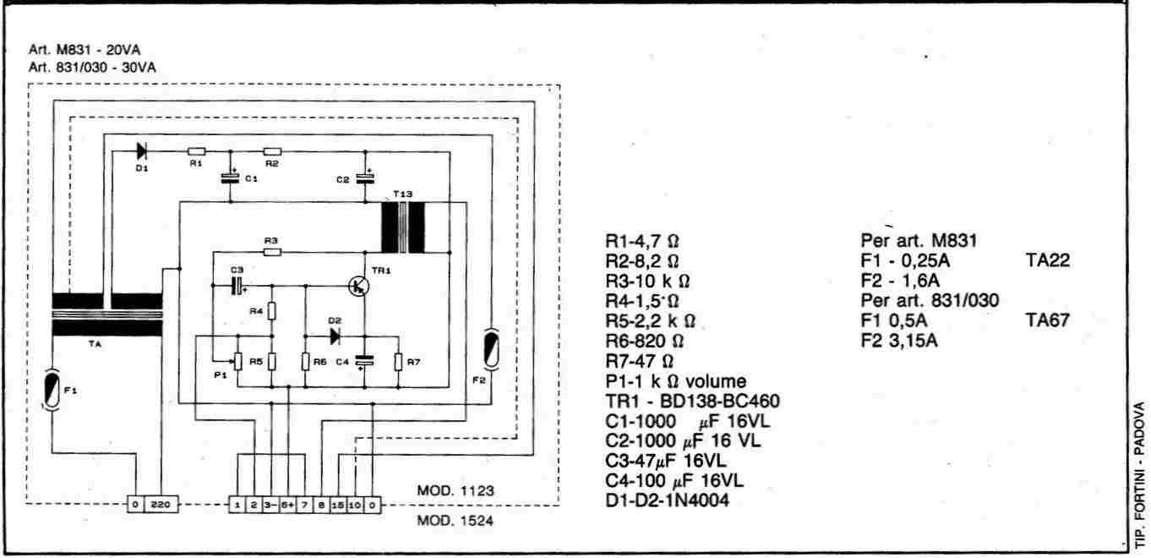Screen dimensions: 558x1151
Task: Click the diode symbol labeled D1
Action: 141,151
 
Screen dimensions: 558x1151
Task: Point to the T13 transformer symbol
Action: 403,227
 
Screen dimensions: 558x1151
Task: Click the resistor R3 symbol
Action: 271,251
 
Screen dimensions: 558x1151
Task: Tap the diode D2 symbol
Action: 335,336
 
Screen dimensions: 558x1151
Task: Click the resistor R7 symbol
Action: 398,362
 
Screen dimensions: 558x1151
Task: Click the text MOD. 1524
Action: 455,521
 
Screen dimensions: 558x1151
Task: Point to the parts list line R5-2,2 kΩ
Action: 646,321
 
